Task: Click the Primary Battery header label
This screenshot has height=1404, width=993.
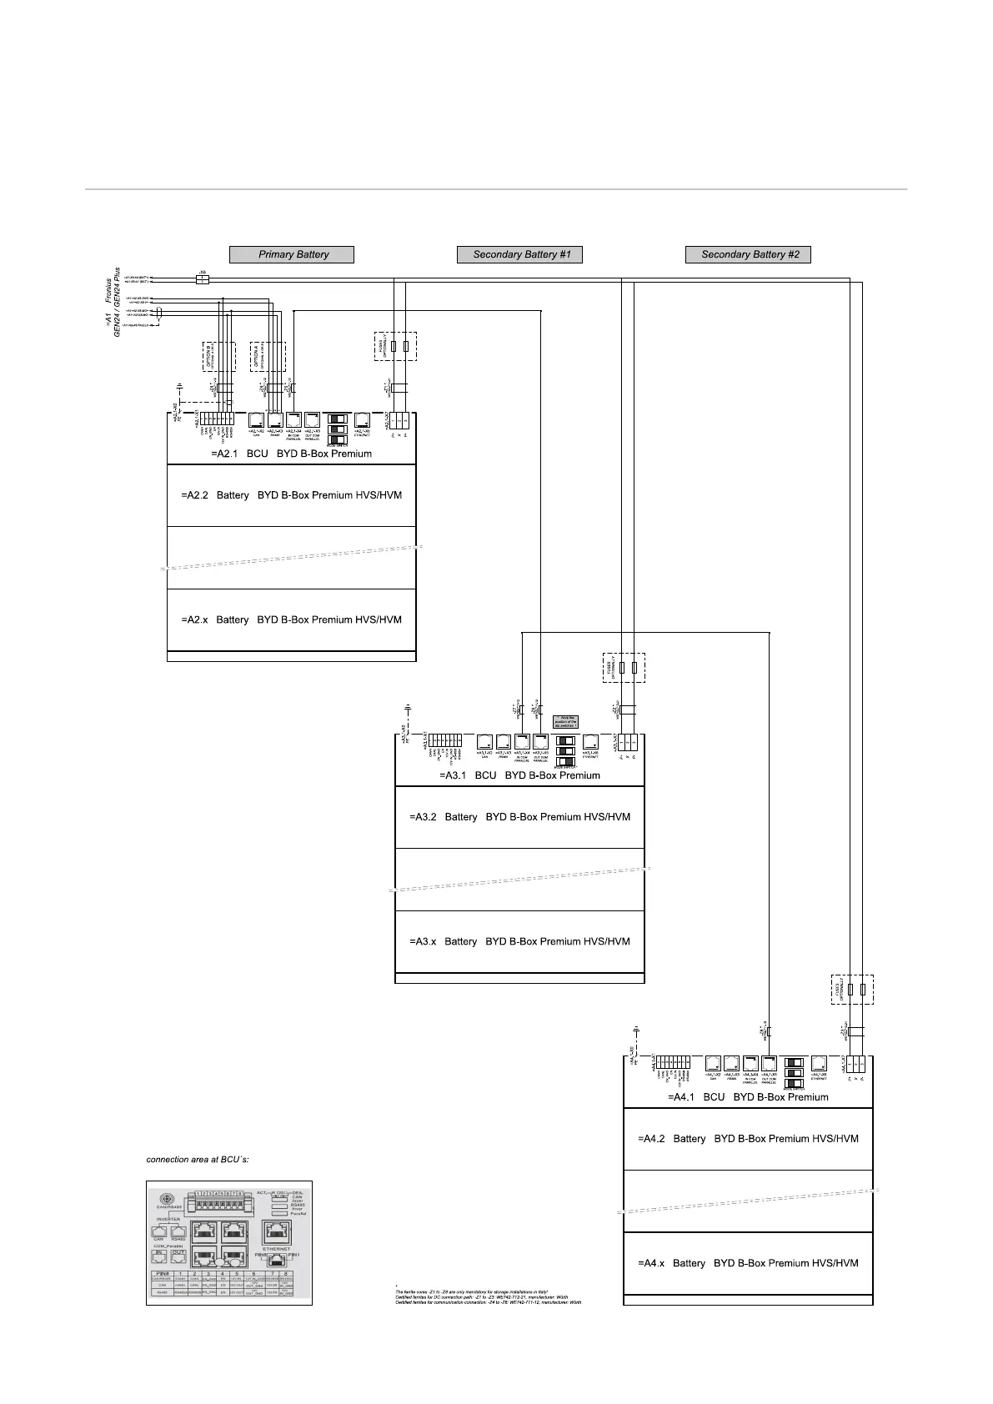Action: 293,254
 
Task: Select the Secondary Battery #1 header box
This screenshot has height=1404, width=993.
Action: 520,254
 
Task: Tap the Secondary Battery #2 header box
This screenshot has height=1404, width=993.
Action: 749,254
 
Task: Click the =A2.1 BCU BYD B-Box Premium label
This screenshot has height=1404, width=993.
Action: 291,454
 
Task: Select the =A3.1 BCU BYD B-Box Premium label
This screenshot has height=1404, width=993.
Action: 519,775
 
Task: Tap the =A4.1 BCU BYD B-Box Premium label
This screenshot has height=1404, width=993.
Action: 748,1097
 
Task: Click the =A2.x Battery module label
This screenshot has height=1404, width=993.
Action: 291,620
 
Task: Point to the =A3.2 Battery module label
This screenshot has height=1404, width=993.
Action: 519,817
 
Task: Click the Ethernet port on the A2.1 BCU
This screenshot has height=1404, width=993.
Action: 363,420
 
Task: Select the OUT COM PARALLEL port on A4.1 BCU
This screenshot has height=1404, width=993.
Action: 769,1063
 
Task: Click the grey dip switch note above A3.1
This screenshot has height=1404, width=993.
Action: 566,722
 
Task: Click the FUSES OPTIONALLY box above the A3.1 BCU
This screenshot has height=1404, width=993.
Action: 624,668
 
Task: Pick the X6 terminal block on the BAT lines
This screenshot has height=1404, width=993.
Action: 202,278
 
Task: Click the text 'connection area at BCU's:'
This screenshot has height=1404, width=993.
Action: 198,1160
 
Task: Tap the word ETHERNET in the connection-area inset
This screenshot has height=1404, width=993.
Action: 276,1249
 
